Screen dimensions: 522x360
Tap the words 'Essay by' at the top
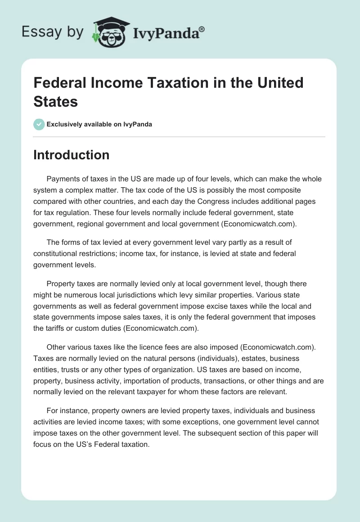click(x=53, y=32)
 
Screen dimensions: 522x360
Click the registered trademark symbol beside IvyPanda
click(x=202, y=29)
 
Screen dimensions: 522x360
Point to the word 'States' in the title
click(x=56, y=101)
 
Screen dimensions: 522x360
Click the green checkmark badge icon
click(x=39, y=124)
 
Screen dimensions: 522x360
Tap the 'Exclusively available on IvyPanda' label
click(x=99, y=124)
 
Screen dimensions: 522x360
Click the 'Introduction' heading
click(x=72, y=155)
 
